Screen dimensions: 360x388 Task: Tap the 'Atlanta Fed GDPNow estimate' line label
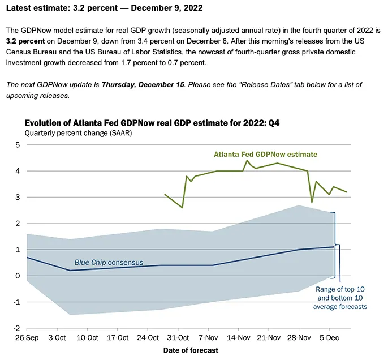tap(265, 154)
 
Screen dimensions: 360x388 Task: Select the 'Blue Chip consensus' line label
tap(109, 262)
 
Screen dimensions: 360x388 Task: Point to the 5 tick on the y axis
tap(18, 145)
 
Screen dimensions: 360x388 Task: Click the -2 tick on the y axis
tap(16, 328)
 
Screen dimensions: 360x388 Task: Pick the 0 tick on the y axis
tap(18, 276)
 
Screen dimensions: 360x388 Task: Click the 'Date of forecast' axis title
tap(191, 350)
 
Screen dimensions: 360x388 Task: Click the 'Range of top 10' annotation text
tap(340, 289)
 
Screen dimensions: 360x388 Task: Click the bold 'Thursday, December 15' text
tap(143, 84)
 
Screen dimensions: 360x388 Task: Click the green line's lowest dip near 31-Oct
tap(182, 208)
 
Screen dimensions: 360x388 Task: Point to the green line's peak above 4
tap(247, 161)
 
